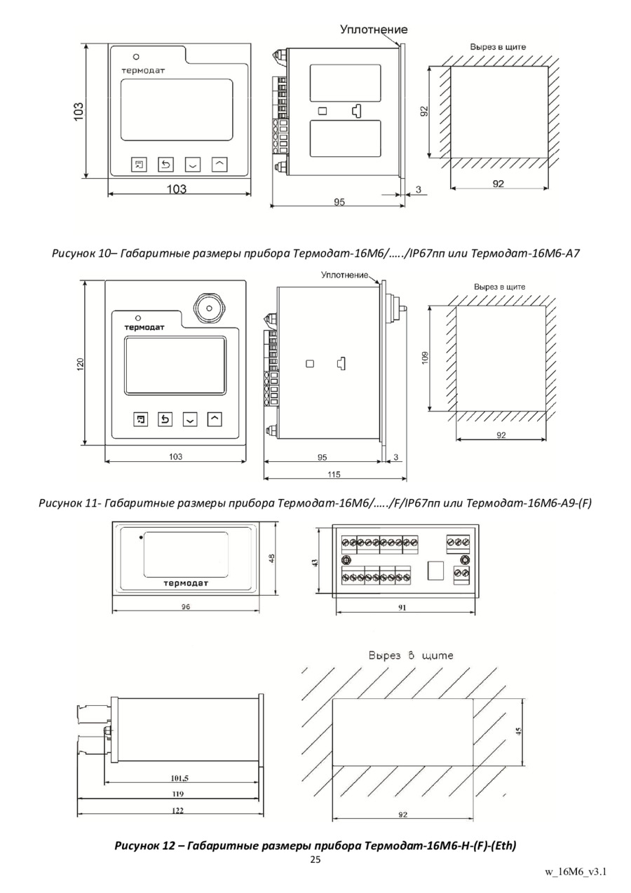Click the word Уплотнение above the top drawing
[x=374, y=29]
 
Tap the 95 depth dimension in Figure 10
[x=339, y=201]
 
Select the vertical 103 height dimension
[x=79, y=111]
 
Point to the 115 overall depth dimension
[x=334, y=475]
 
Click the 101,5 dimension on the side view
[x=180, y=777]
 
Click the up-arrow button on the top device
[x=219, y=164]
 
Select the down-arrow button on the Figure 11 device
[x=189, y=419]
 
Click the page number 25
[x=315, y=859]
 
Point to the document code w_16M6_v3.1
[x=575, y=873]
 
